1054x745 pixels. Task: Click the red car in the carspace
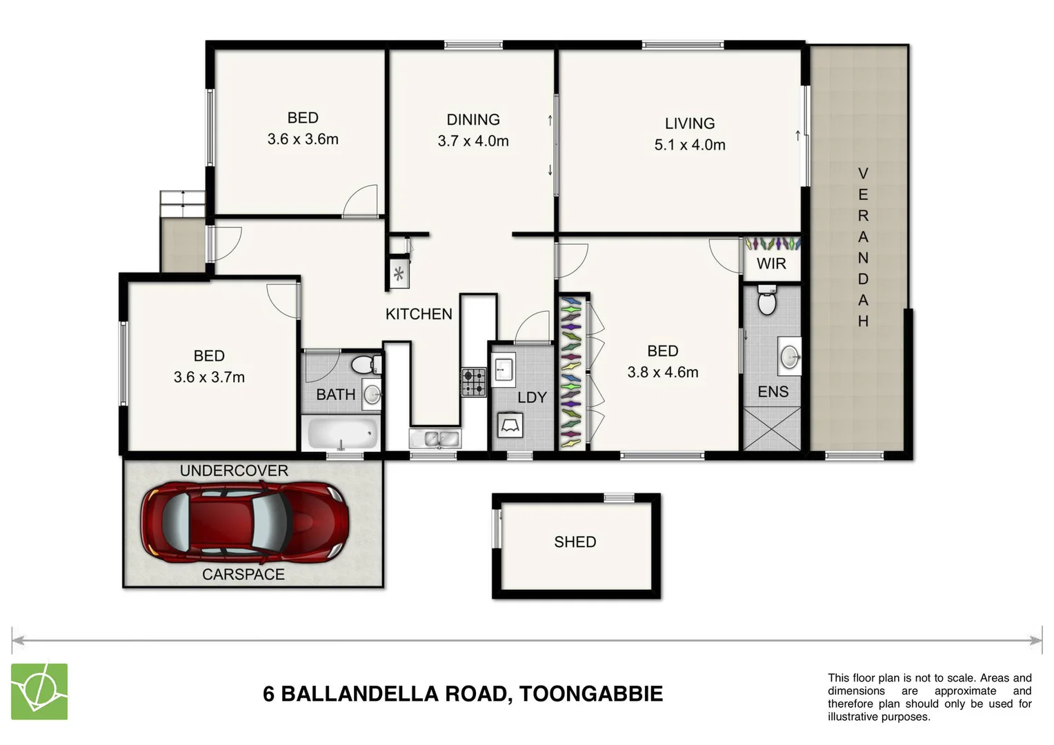(x=244, y=522)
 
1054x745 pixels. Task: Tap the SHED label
(x=575, y=542)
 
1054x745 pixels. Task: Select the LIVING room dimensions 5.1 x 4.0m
(x=690, y=145)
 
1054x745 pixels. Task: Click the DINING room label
(x=473, y=120)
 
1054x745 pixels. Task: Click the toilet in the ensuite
(x=766, y=301)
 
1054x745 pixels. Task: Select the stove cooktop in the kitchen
(x=473, y=381)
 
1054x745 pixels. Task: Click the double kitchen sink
(x=434, y=438)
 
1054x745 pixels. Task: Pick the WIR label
(x=770, y=264)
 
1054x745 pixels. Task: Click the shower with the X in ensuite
(x=771, y=428)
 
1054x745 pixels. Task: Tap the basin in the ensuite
(x=789, y=357)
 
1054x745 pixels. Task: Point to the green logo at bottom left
(x=39, y=691)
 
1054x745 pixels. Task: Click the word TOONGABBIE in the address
(x=590, y=694)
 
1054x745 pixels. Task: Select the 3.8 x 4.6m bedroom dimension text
(x=662, y=372)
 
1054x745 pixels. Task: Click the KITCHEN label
(x=419, y=314)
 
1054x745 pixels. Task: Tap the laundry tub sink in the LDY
(x=503, y=368)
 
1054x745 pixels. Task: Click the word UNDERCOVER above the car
(x=234, y=470)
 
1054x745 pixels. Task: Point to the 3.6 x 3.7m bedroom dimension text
(x=209, y=377)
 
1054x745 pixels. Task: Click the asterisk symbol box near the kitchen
(x=399, y=274)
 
